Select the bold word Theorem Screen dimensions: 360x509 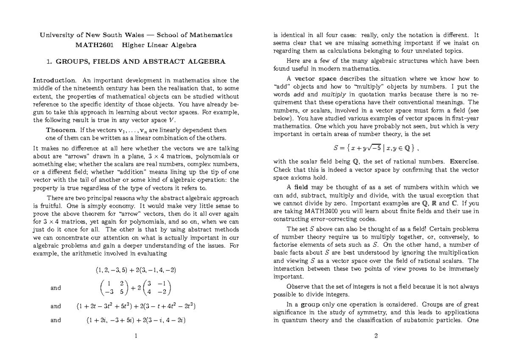point(61,130)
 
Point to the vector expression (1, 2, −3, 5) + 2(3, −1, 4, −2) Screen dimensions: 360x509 point(135,270)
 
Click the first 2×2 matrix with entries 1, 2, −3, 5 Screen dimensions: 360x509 point(109,288)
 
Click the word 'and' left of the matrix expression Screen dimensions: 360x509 point(56,288)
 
